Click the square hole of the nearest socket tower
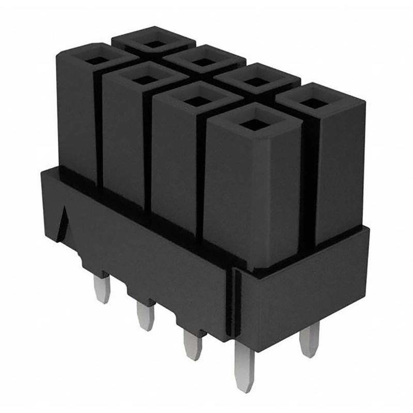(x=252, y=124)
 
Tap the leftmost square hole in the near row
(x=95, y=60)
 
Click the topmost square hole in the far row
(x=154, y=43)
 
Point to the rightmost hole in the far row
(x=314, y=102)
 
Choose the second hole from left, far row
(x=204, y=62)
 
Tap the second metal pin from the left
(x=145, y=315)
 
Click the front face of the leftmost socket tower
(x=76, y=119)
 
